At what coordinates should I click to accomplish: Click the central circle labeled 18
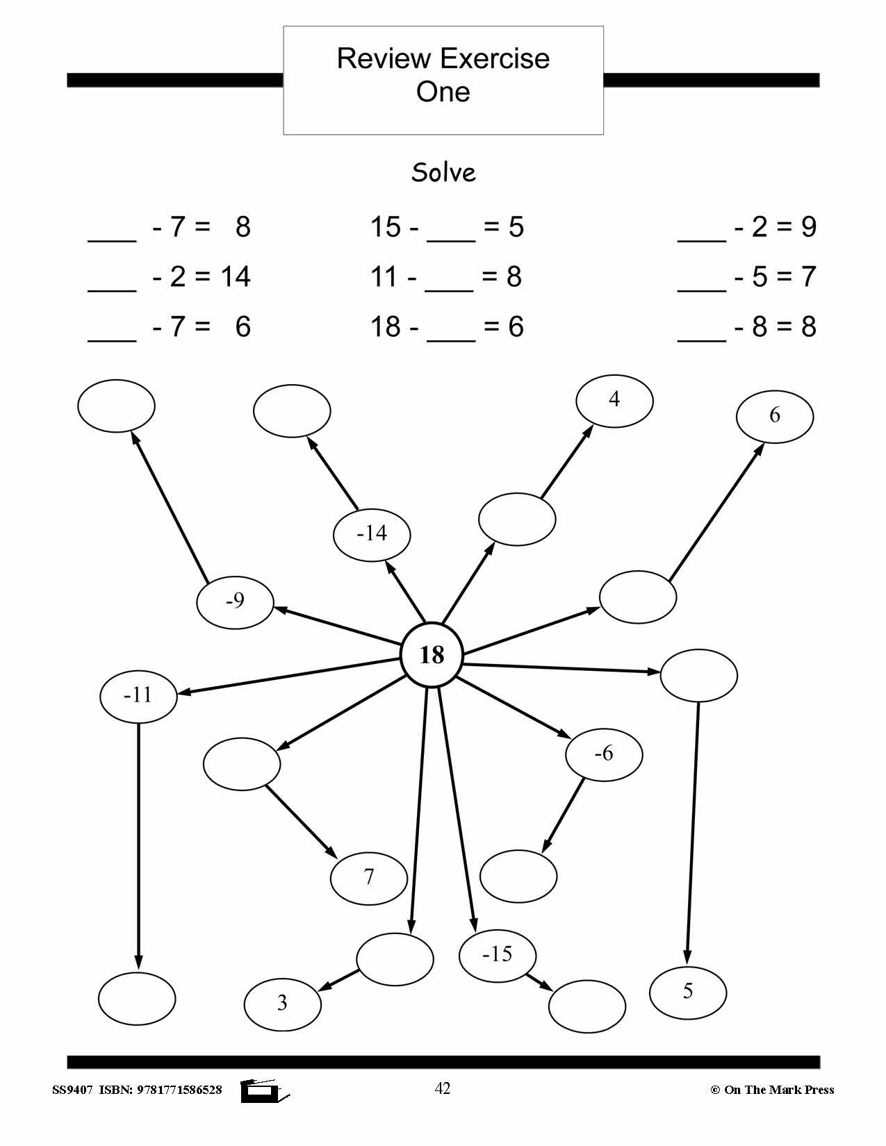pyautogui.click(x=432, y=655)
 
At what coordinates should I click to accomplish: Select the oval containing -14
pyautogui.click(x=372, y=534)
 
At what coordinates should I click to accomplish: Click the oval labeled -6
pyautogui.click(x=603, y=754)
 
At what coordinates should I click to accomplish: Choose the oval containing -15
pyautogui.click(x=498, y=956)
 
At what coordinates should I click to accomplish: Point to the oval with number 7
pyautogui.click(x=368, y=878)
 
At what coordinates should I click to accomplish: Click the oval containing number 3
pyautogui.click(x=282, y=1004)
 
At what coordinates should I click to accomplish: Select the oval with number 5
pyautogui.click(x=688, y=992)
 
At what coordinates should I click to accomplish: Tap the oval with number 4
pyautogui.click(x=614, y=400)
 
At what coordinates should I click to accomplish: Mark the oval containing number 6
pyautogui.click(x=775, y=416)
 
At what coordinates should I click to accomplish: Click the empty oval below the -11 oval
pyautogui.click(x=137, y=999)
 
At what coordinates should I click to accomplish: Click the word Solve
pyautogui.click(x=443, y=172)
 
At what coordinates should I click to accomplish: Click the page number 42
pyautogui.click(x=442, y=1088)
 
